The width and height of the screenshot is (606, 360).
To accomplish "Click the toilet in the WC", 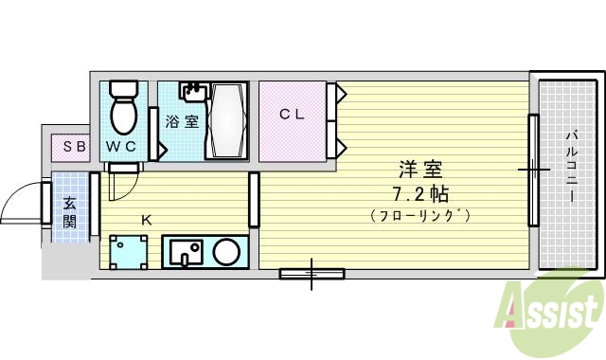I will pyautogui.click(x=123, y=109).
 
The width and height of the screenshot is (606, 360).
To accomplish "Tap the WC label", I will pyautogui.click(x=120, y=147).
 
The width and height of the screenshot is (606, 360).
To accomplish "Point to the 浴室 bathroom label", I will pyautogui.click(x=181, y=121).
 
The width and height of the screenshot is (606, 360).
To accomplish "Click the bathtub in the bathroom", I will pyautogui.click(x=226, y=121).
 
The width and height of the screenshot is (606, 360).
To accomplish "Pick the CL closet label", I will pyautogui.click(x=291, y=114).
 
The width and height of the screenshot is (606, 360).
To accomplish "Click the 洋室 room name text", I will pyautogui.click(x=420, y=171).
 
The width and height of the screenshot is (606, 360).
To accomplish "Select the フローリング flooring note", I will pyautogui.click(x=420, y=216).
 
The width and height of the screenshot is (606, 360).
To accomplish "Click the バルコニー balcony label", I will pyautogui.click(x=572, y=167).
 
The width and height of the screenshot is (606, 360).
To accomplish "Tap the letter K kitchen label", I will pyautogui.click(x=147, y=220).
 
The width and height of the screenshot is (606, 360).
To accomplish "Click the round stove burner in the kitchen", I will pyautogui.click(x=225, y=252).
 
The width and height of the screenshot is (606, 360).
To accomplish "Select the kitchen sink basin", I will pyautogui.click(x=187, y=253).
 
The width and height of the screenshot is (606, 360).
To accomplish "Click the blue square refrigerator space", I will pyautogui.click(x=128, y=253).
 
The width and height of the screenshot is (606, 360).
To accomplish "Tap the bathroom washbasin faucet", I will pyautogui.click(x=193, y=92).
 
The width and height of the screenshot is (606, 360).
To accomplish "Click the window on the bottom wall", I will pyautogui.click(x=312, y=275).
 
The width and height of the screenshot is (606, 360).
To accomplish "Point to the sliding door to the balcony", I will pyautogui.click(x=533, y=171).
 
